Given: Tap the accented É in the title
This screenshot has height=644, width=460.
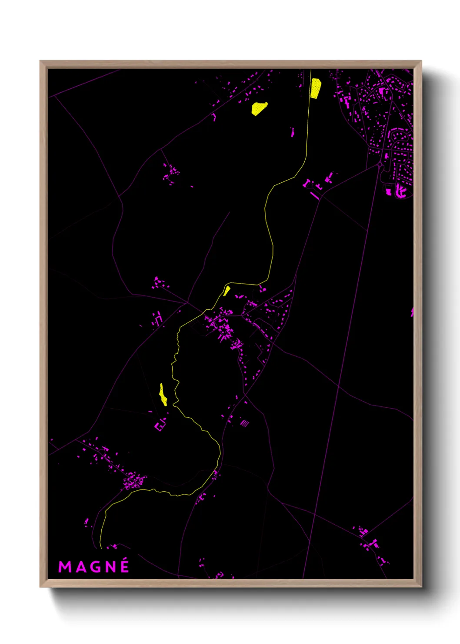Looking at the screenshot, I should point(124,566).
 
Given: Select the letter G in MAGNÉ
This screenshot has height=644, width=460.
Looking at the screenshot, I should point(94,567).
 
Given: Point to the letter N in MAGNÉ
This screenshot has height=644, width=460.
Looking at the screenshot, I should point(110,567).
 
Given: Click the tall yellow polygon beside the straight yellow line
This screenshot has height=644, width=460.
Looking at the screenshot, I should point(315,88).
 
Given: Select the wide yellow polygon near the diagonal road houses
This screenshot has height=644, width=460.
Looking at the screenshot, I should point(259,108).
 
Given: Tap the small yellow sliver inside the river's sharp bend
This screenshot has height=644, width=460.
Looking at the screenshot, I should point(227,291).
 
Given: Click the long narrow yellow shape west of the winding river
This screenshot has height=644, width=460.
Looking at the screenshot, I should point(163,395).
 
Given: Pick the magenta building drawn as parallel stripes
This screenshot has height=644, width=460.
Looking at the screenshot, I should point(245,423).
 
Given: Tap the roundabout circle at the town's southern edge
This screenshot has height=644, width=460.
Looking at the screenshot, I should point(380,165).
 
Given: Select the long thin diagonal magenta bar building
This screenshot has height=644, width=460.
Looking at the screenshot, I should point(314,196).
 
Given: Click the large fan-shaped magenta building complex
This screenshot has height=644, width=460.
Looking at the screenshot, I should point(401,191).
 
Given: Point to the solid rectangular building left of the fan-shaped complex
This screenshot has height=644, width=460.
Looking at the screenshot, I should point(388,191).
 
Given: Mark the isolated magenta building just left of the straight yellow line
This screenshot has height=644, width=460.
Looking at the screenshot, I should point(292,132).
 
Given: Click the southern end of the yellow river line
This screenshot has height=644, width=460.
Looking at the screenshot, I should point(101,547).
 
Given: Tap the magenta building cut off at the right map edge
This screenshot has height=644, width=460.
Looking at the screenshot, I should point(412,312).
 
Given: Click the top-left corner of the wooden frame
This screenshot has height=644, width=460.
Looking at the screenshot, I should point(40,61).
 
